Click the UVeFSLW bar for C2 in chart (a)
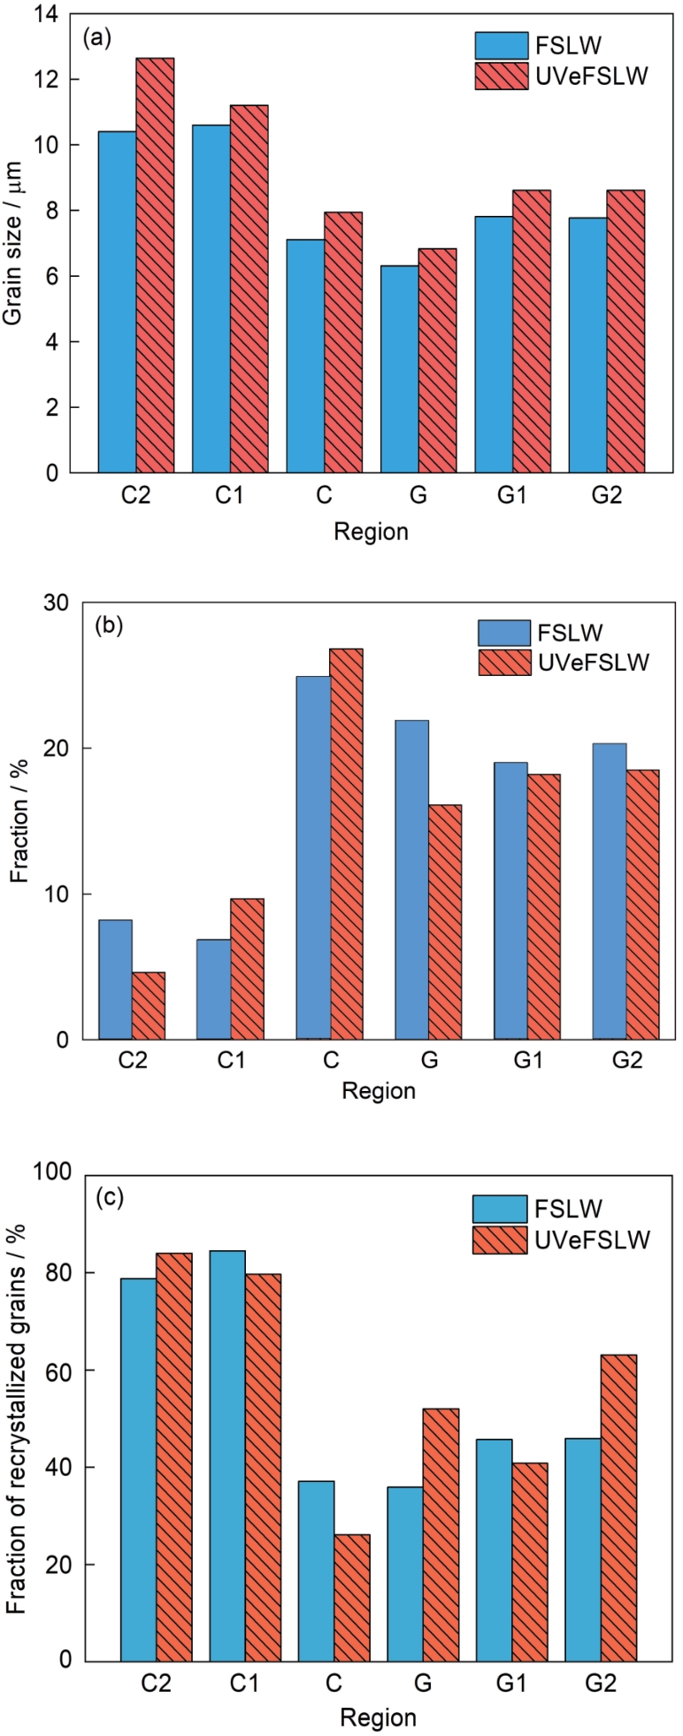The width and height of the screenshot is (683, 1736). pyautogui.click(x=155, y=265)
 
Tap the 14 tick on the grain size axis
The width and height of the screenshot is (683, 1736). pyautogui.click(x=44, y=14)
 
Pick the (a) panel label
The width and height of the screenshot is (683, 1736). pyautogui.click(x=96, y=38)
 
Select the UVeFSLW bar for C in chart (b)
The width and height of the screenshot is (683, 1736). pyautogui.click(x=348, y=844)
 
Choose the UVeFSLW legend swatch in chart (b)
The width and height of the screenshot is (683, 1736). pyautogui.click(x=504, y=663)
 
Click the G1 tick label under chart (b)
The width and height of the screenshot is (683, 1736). pyautogui.click(x=528, y=1061)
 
